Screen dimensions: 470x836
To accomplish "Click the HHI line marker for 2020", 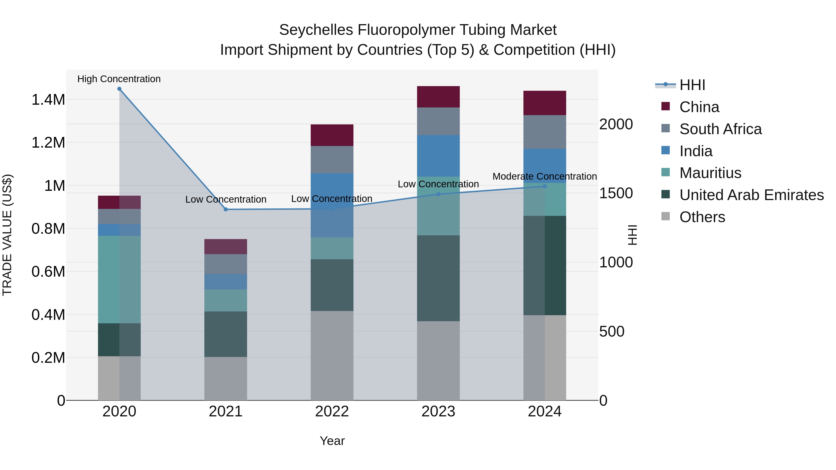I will pos(119,89).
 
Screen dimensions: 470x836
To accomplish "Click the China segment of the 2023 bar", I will pos(438,97).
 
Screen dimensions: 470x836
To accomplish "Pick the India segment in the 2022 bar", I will pos(332,205).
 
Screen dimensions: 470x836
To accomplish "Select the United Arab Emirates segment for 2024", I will pos(545,265).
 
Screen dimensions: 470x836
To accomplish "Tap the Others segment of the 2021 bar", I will pos(225,379).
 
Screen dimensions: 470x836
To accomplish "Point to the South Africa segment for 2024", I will pos(545,132).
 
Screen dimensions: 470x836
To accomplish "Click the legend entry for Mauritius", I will pos(710,173).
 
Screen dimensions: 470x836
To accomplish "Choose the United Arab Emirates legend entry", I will pos(751,195).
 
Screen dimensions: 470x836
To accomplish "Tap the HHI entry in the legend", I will pos(692,85).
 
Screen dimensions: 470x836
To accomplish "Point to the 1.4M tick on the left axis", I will pos(48,100).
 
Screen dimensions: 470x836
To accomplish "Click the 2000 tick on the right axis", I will pos(616,124).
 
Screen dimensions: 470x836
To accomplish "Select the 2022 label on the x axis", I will pos(332,412).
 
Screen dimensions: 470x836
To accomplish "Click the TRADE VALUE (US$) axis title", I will pos(7,235).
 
